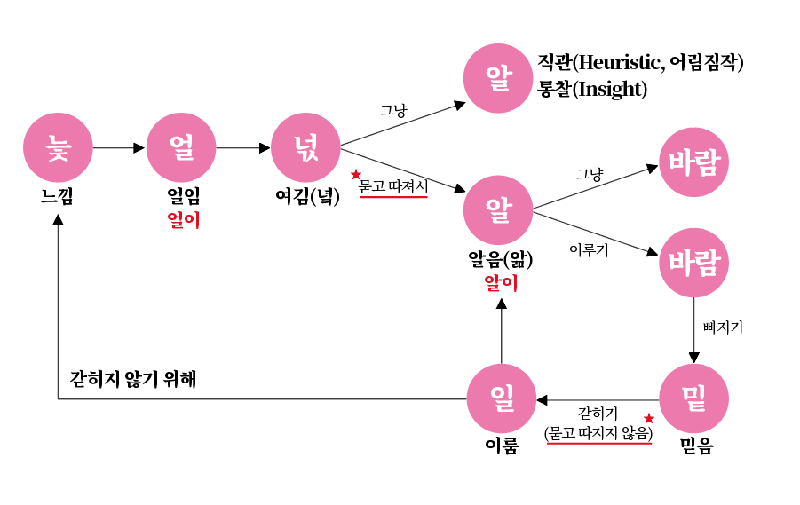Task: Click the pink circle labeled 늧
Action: pyautogui.click(x=58, y=147)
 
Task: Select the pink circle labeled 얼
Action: pyautogui.click(x=181, y=147)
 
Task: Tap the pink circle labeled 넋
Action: pyautogui.click(x=305, y=147)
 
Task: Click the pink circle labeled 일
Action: pyautogui.click(x=502, y=398)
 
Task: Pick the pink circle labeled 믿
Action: pyautogui.click(x=694, y=398)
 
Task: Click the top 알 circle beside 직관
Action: pyautogui.click(x=498, y=78)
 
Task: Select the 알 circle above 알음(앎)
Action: pyautogui.click(x=498, y=210)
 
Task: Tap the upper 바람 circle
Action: pyautogui.click(x=693, y=162)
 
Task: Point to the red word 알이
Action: pyautogui.click(x=500, y=283)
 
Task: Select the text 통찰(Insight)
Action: pyautogui.click(x=591, y=90)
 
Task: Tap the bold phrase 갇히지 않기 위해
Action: pyautogui.click(x=133, y=379)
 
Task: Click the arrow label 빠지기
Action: pyautogui.click(x=723, y=327)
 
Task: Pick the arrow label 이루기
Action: pyautogui.click(x=589, y=251)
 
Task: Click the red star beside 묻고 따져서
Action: pyautogui.click(x=356, y=175)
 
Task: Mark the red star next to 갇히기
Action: pyautogui.click(x=649, y=418)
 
